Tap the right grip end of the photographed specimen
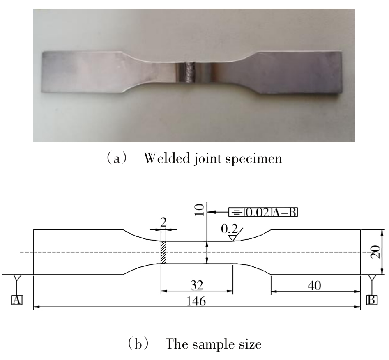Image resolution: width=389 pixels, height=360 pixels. pos(299,73)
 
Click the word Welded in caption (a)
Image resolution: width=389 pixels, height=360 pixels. pos(167,158)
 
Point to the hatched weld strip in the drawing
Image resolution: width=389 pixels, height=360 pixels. pos(163,252)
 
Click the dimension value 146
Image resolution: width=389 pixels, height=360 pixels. pos(196,301)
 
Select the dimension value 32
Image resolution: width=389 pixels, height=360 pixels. pos(197,285)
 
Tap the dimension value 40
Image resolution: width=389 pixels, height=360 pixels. pos(314,286)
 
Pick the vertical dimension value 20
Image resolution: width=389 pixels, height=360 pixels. pos(375,252)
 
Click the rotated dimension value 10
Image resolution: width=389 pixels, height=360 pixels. pos(200,210)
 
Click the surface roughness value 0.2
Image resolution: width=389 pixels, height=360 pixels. pos(229,229)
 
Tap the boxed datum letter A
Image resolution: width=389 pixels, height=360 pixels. pos(16,300)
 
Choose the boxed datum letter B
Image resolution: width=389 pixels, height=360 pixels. pos(372,300)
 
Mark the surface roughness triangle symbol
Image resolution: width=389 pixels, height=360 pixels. pos(232,238)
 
